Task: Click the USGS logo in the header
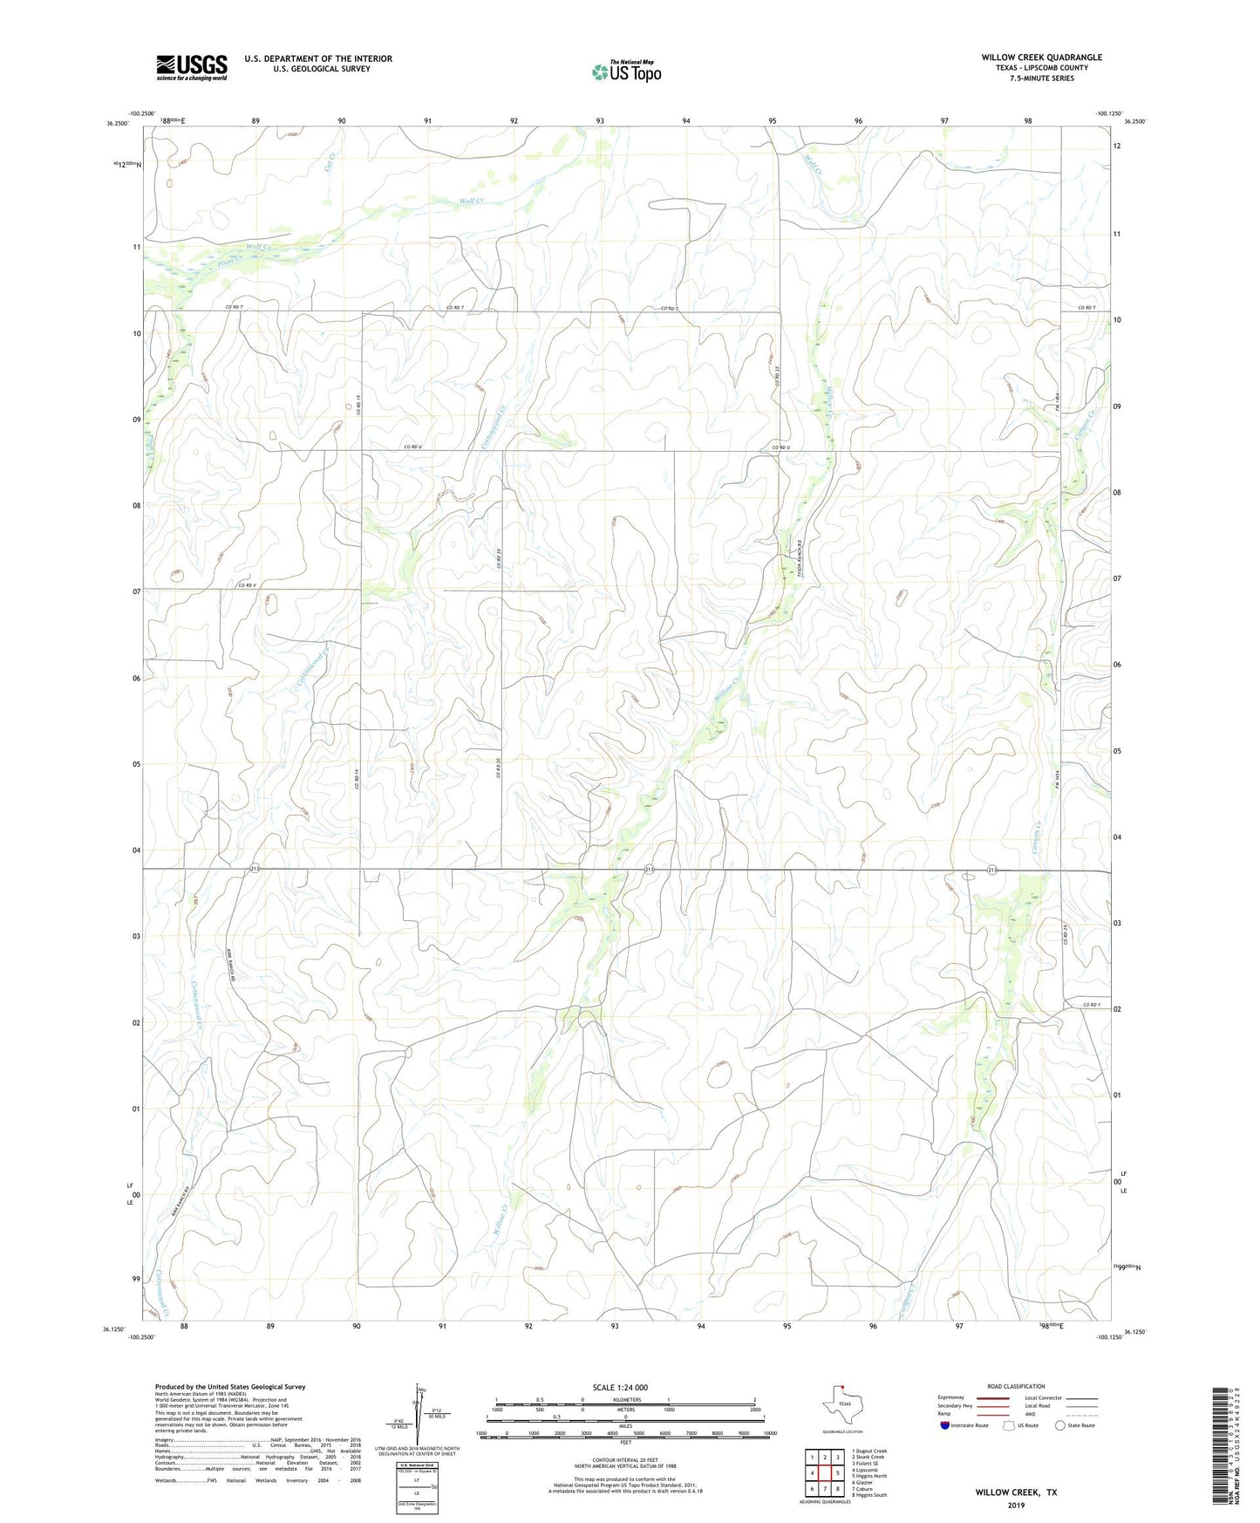coord(192,67)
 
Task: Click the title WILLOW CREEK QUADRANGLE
coord(1041,58)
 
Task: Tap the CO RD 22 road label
coord(775,379)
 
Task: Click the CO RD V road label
coord(246,585)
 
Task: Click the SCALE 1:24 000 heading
coord(620,1387)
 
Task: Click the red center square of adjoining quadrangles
coord(825,1473)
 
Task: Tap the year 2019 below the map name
coord(1016,1505)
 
